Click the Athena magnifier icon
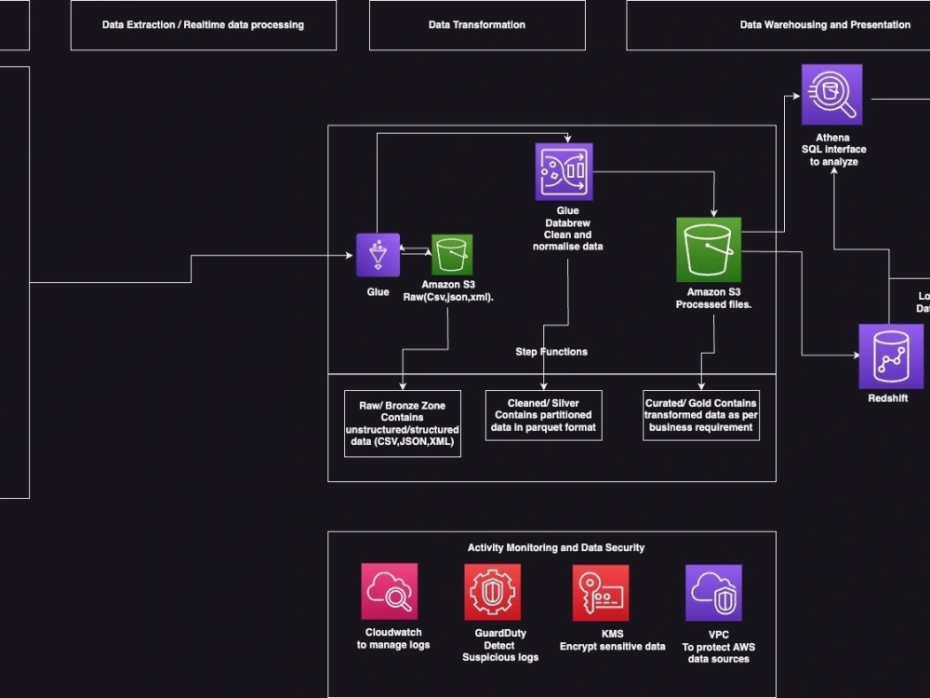831,94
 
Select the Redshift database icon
890,356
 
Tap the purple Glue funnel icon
378,255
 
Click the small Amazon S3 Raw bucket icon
452,255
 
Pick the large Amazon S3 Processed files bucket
709,249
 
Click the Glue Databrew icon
564,171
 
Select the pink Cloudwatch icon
390,591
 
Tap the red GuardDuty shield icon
493,592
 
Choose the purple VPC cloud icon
713,592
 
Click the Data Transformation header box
477,25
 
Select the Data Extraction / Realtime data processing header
203,25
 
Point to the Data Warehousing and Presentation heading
824,25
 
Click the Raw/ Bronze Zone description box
402,423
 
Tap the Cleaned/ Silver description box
544,415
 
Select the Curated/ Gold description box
701,415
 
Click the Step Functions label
551,352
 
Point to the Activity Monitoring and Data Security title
555,548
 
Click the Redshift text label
887,398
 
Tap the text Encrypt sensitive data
612,646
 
